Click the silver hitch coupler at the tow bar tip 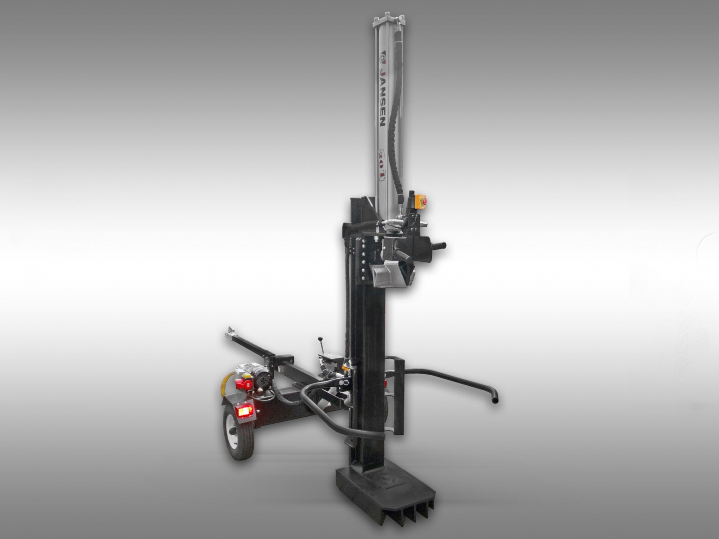pyautogui.click(x=231, y=331)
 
